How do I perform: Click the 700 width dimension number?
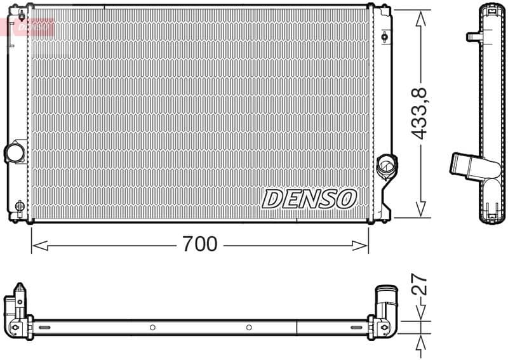pos(199,243)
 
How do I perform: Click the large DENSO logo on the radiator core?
pos(309,199)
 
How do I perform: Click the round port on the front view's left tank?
pos(14,152)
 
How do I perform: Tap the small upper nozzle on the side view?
pos(472,36)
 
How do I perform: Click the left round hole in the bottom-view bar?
pos(152,328)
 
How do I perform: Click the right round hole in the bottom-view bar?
pos(249,328)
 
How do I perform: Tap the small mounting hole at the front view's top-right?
pos(385,36)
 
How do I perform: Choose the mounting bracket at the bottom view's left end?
pos(18,311)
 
